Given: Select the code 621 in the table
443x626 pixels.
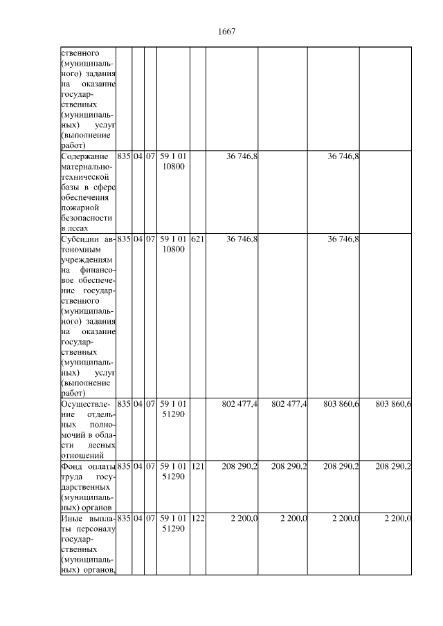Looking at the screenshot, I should tap(197, 239).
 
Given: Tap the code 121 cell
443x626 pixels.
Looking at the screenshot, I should tap(197, 467).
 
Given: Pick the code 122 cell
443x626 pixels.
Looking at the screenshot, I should tap(197, 519).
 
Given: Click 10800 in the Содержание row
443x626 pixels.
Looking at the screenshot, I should tap(173, 167).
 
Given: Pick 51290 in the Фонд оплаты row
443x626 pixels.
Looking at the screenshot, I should tap(173, 477).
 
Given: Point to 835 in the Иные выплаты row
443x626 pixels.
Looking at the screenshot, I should tap(124, 519).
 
